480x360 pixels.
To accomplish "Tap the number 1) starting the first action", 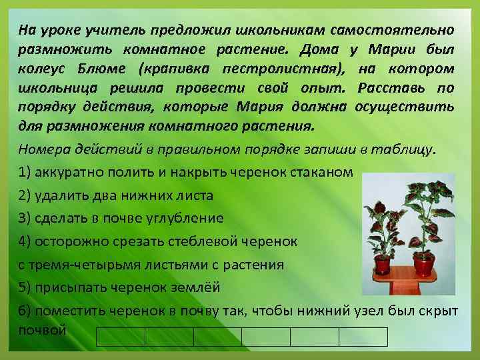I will pyautogui.click(x=27, y=173).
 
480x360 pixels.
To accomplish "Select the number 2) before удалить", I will pyautogui.click(x=27, y=195).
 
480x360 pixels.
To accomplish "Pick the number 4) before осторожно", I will pyautogui.click(x=27, y=241).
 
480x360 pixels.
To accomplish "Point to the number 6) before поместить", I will pyautogui.click(x=27, y=311).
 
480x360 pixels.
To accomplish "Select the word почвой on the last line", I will pyautogui.click(x=43, y=330).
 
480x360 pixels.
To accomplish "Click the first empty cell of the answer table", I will pyautogui.click(x=121, y=337).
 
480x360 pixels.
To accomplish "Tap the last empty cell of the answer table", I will pyautogui.click(x=363, y=337).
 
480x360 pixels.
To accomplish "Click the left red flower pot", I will pyautogui.click(x=382, y=264).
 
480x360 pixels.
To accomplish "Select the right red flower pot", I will pyautogui.click(x=425, y=264).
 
